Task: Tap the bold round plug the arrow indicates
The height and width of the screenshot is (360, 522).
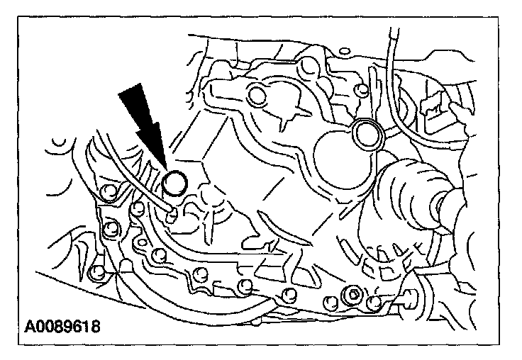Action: (174, 183)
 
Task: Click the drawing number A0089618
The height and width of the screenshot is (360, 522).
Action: (62, 327)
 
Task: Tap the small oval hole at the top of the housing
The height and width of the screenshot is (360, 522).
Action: (345, 52)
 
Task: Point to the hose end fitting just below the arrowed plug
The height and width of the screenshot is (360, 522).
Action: (171, 215)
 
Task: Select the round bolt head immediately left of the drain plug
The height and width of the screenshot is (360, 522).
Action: (331, 303)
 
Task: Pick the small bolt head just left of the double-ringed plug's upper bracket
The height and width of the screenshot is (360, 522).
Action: (362, 90)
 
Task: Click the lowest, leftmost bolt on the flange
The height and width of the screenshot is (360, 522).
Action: (98, 273)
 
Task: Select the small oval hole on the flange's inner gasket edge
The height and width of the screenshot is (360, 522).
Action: (141, 242)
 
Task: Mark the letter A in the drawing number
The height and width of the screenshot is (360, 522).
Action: (30, 327)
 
